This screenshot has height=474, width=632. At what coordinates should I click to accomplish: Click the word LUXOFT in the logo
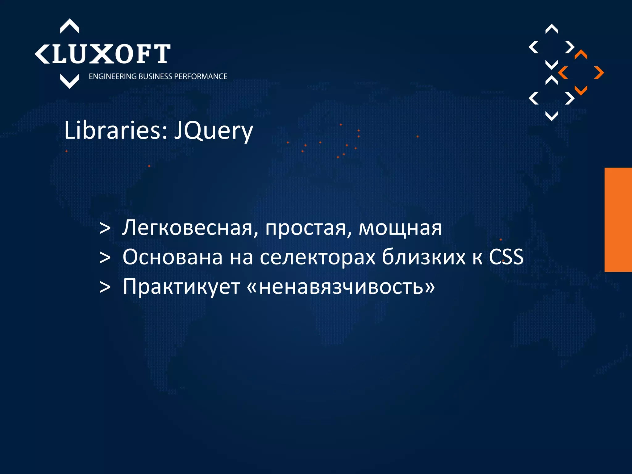110,54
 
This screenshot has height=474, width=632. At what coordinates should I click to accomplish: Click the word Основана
173,257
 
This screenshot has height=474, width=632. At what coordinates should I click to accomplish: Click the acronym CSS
506,257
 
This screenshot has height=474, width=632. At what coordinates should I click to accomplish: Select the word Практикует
181,287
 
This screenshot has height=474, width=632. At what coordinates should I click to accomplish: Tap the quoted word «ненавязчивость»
341,287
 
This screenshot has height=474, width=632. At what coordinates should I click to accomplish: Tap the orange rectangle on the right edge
618,220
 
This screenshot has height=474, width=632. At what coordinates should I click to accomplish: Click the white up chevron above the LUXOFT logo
69,26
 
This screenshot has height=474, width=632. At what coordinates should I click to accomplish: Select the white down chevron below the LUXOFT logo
69,81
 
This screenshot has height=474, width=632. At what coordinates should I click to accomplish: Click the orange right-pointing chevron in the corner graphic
599,73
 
